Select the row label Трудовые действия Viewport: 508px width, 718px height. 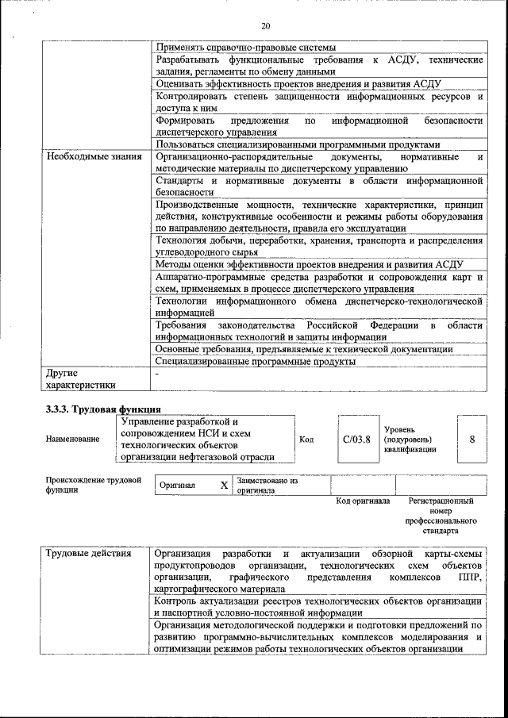[88, 553]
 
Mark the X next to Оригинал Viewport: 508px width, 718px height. [224, 485]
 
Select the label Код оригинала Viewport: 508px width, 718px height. [362, 501]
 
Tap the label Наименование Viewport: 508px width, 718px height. [73, 439]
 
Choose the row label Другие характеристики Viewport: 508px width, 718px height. [80, 378]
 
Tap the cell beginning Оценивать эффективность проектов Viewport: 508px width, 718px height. [298, 83]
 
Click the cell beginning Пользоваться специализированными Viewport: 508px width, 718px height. [297, 144]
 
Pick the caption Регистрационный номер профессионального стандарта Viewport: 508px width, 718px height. [441, 516]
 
